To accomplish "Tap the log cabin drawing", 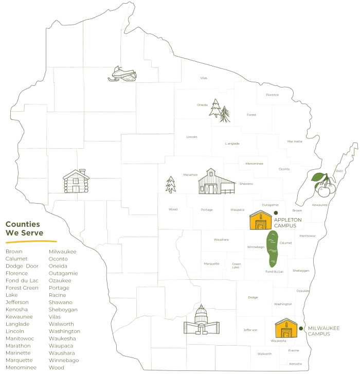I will (76, 181).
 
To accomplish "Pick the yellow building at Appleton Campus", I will (260, 220).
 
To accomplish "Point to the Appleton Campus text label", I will (287, 223).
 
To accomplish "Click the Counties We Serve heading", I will (23, 228).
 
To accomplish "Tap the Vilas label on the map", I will (204, 78).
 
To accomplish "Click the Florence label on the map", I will (272, 95).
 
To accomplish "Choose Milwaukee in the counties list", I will (63, 252).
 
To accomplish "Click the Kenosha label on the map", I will (295, 364).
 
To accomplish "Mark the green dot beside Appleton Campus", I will (276, 212).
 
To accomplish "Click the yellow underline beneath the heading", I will (31, 241).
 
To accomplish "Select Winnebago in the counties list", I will (64, 360).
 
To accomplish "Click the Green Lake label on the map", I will (236, 265).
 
